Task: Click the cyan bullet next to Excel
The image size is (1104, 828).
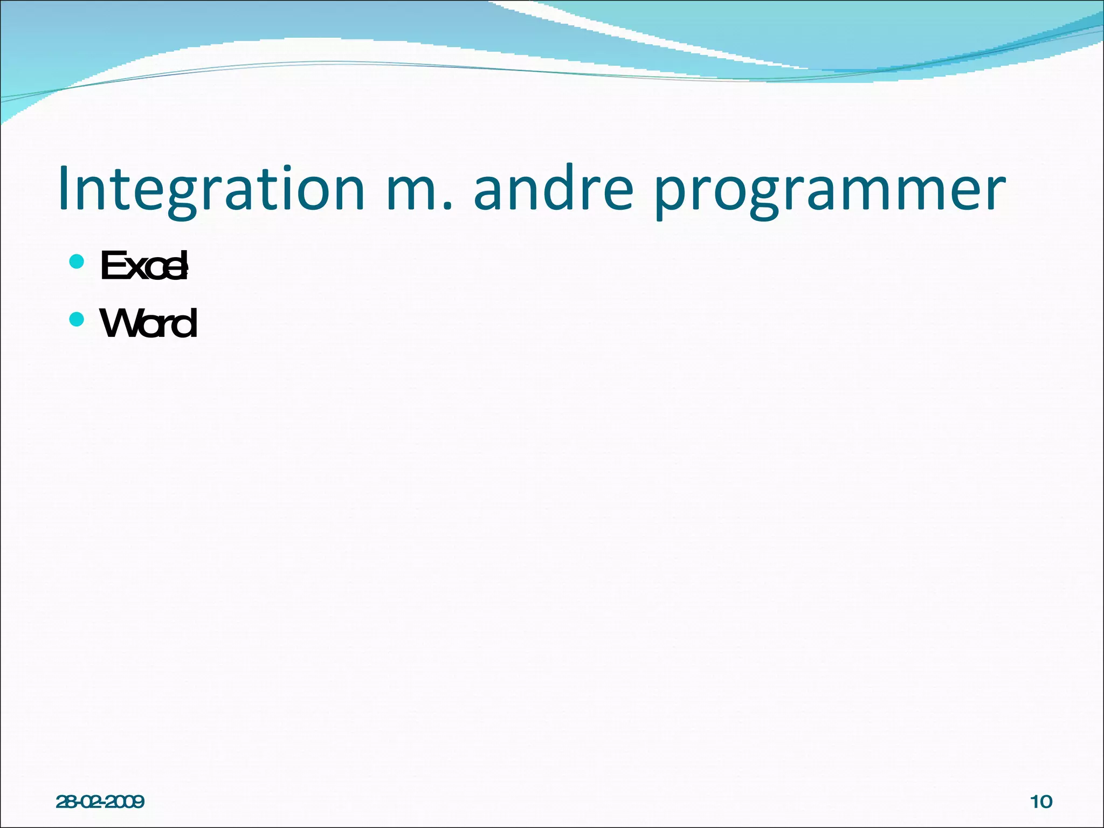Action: [77, 262]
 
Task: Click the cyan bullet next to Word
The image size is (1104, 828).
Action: [77, 320]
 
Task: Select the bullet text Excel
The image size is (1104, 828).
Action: [144, 266]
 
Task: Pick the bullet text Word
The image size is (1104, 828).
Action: [149, 323]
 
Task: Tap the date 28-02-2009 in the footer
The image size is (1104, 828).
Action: [100, 802]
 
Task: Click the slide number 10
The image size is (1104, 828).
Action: [1041, 802]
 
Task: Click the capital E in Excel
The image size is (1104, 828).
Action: [112, 266]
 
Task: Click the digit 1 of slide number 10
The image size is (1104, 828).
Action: [1034, 802]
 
